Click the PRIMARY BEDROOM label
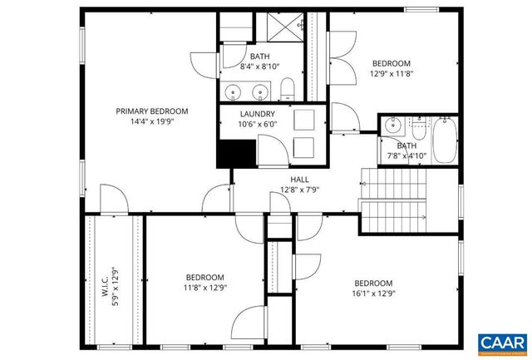pyautogui.click(x=151, y=111)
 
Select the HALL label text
pyautogui.click(x=299, y=179)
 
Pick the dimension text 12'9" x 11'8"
pyautogui.click(x=391, y=73)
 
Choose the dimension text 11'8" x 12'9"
pyautogui.click(x=204, y=288)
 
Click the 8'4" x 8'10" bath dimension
pyautogui.click(x=260, y=67)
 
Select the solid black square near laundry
pyautogui.click(x=234, y=153)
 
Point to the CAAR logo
pyautogui.click(x=502, y=341)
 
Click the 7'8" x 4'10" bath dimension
pyautogui.click(x=406, y=155)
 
